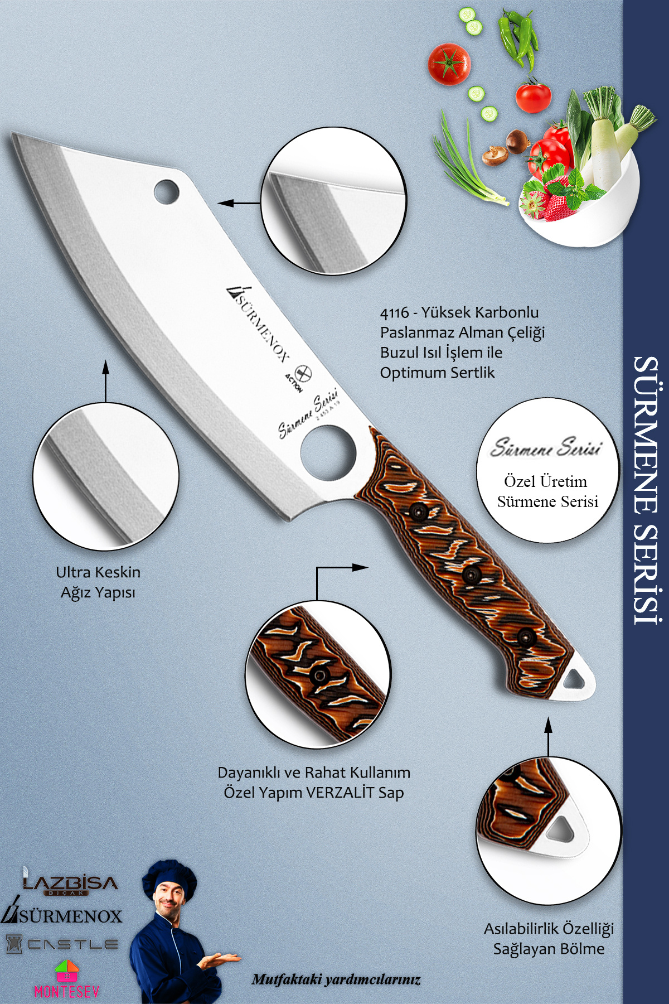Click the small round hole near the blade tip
pyautogui.click(x=166, y=191)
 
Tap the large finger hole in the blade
pyautogui.click(x=328, y=452)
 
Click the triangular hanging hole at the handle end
pyautogui.click(x=574, y=679)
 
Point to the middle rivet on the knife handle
pyautogui.click(x=472, y=574)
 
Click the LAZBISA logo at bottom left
pyautogui.click(x=70, y=882)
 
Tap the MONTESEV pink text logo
pyautogui.click(x=66, y=991)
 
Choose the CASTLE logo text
pyautogui.click(x=72, y=944)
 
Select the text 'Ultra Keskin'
pyautogui.click(x=98, y=572)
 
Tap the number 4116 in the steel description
pyautogui.click(x=395, y=313)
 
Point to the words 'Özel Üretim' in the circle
pyautogui.click(x=546, y=481)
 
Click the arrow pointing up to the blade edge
pyautogui.click(x=105, y=381)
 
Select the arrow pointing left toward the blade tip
pyautogui.click(x=239, y=203)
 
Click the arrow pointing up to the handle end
pyautogui.click(x=548, y=737)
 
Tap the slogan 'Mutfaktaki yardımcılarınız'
pyautogui.click(x=336, y=979)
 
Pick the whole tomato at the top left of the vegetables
pyautogui.click(x=449, y=64)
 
